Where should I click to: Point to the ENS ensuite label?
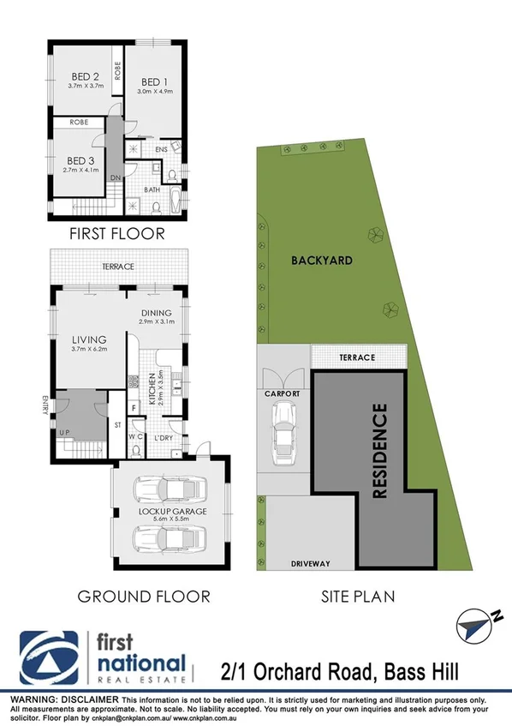point(161,150)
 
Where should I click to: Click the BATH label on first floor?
point(153,189)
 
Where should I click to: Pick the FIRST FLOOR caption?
point(118,232)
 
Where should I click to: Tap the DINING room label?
point(158,313)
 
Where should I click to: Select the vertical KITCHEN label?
point(152,389)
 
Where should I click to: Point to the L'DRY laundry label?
point(164,439)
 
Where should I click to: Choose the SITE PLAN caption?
point(359,596)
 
